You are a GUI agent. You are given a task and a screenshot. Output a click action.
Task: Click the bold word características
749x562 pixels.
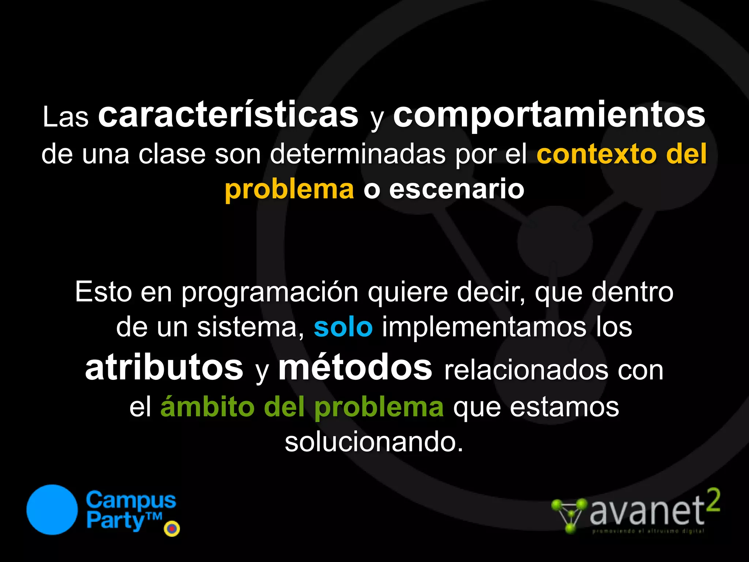[228, 116]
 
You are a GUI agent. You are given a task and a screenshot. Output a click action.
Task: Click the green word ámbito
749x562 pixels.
[207, 407]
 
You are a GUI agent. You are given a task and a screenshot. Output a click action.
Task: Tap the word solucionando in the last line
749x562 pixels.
[374, 442]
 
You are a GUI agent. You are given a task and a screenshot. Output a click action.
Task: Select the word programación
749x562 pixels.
[270, 293]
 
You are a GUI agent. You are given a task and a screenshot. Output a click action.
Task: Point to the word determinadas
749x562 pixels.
[358, 154]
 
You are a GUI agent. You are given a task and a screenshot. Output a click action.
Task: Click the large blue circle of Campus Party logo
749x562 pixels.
[52, 510]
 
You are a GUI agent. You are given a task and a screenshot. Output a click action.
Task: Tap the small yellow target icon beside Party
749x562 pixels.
[172, 528]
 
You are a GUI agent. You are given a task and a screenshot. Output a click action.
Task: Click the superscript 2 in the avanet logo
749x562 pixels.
[713, 500]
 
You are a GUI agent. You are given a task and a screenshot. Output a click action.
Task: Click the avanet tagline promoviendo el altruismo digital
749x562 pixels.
[648, 531]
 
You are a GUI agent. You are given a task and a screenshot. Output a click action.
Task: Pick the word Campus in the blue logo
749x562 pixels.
[131, 501]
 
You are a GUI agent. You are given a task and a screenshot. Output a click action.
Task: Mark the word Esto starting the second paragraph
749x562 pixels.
[103, 292]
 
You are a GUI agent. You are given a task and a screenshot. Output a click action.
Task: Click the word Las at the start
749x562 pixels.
[66, 117]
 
